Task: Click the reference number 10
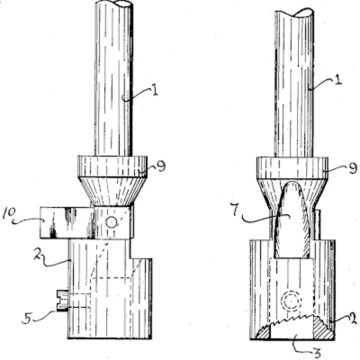(9, 214)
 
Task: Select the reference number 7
(236, 211)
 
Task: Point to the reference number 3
(317, 354)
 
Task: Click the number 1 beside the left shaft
(155, 90)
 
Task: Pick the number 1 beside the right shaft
(338, 80)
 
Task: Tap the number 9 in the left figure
(161, 166)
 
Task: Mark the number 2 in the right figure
(353, 319)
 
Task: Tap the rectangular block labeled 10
(67, 222)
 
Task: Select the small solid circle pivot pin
(111, 222)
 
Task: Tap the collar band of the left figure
(112, 166)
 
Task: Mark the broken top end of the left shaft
(114, 4)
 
